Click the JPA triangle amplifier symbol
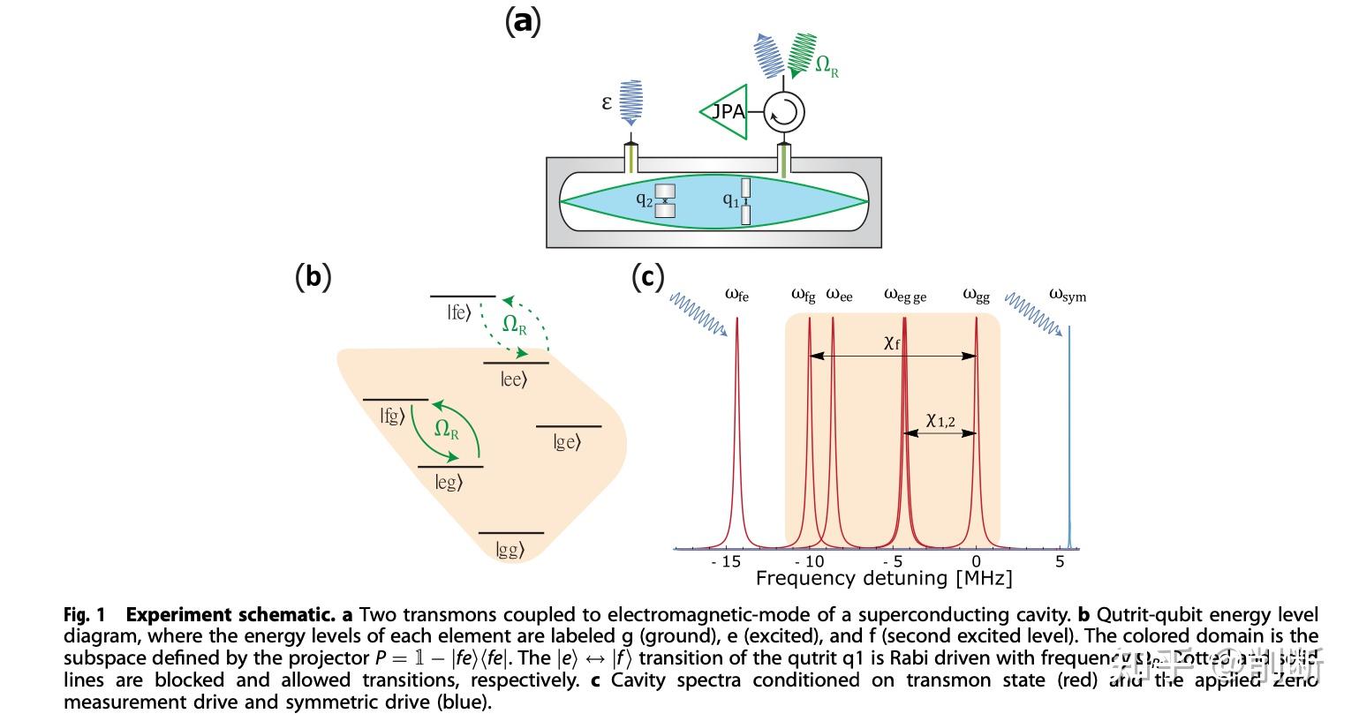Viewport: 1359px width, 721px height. [727, 112]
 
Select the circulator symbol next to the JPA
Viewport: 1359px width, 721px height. [784, 112]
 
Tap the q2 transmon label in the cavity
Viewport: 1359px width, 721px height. [645, 199]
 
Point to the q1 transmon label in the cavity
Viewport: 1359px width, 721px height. [730, 200]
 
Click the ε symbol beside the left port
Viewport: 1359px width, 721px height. [607, 102]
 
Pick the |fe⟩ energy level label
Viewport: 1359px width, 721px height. [458, 312]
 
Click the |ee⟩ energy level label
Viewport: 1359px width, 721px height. [513, 379]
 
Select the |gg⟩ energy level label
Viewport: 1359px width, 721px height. [510, 550]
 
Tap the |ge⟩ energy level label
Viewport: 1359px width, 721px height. [567, 442]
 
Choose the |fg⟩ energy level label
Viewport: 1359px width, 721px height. [392, 415]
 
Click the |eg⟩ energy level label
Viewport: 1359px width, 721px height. [448, 482]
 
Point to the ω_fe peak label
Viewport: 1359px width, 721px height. [736, 295]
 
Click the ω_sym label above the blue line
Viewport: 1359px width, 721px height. [1068, 295]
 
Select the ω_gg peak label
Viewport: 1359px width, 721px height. [976, 295]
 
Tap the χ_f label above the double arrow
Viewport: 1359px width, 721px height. [892, 343]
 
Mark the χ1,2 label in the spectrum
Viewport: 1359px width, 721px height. [940, 421]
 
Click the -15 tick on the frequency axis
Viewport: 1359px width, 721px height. [726, 561]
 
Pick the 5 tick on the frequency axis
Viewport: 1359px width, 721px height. [1060, 561]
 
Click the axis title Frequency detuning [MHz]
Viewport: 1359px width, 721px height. [883, 579]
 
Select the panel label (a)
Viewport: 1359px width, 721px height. [522, 19]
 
